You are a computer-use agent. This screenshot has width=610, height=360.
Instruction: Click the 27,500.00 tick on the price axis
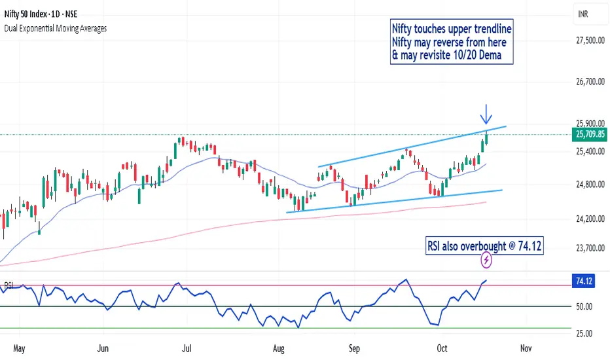[x=586, y=41]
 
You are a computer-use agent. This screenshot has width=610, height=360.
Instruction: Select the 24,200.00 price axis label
[x=586, y=218]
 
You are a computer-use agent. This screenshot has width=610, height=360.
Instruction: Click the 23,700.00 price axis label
[x=586, y=248]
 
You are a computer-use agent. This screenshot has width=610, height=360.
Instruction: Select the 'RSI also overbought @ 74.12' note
[x=485, y=245]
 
